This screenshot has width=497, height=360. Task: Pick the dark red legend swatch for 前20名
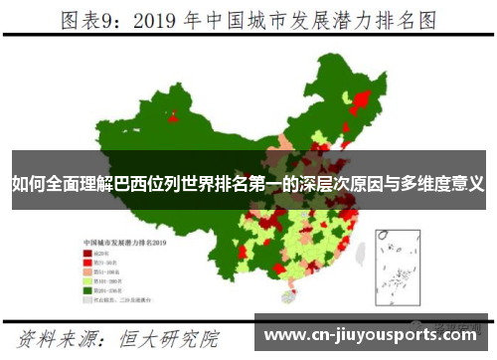[87, 254]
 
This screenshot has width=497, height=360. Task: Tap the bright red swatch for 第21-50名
[87, 263]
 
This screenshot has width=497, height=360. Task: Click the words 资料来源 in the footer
[69, 339]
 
